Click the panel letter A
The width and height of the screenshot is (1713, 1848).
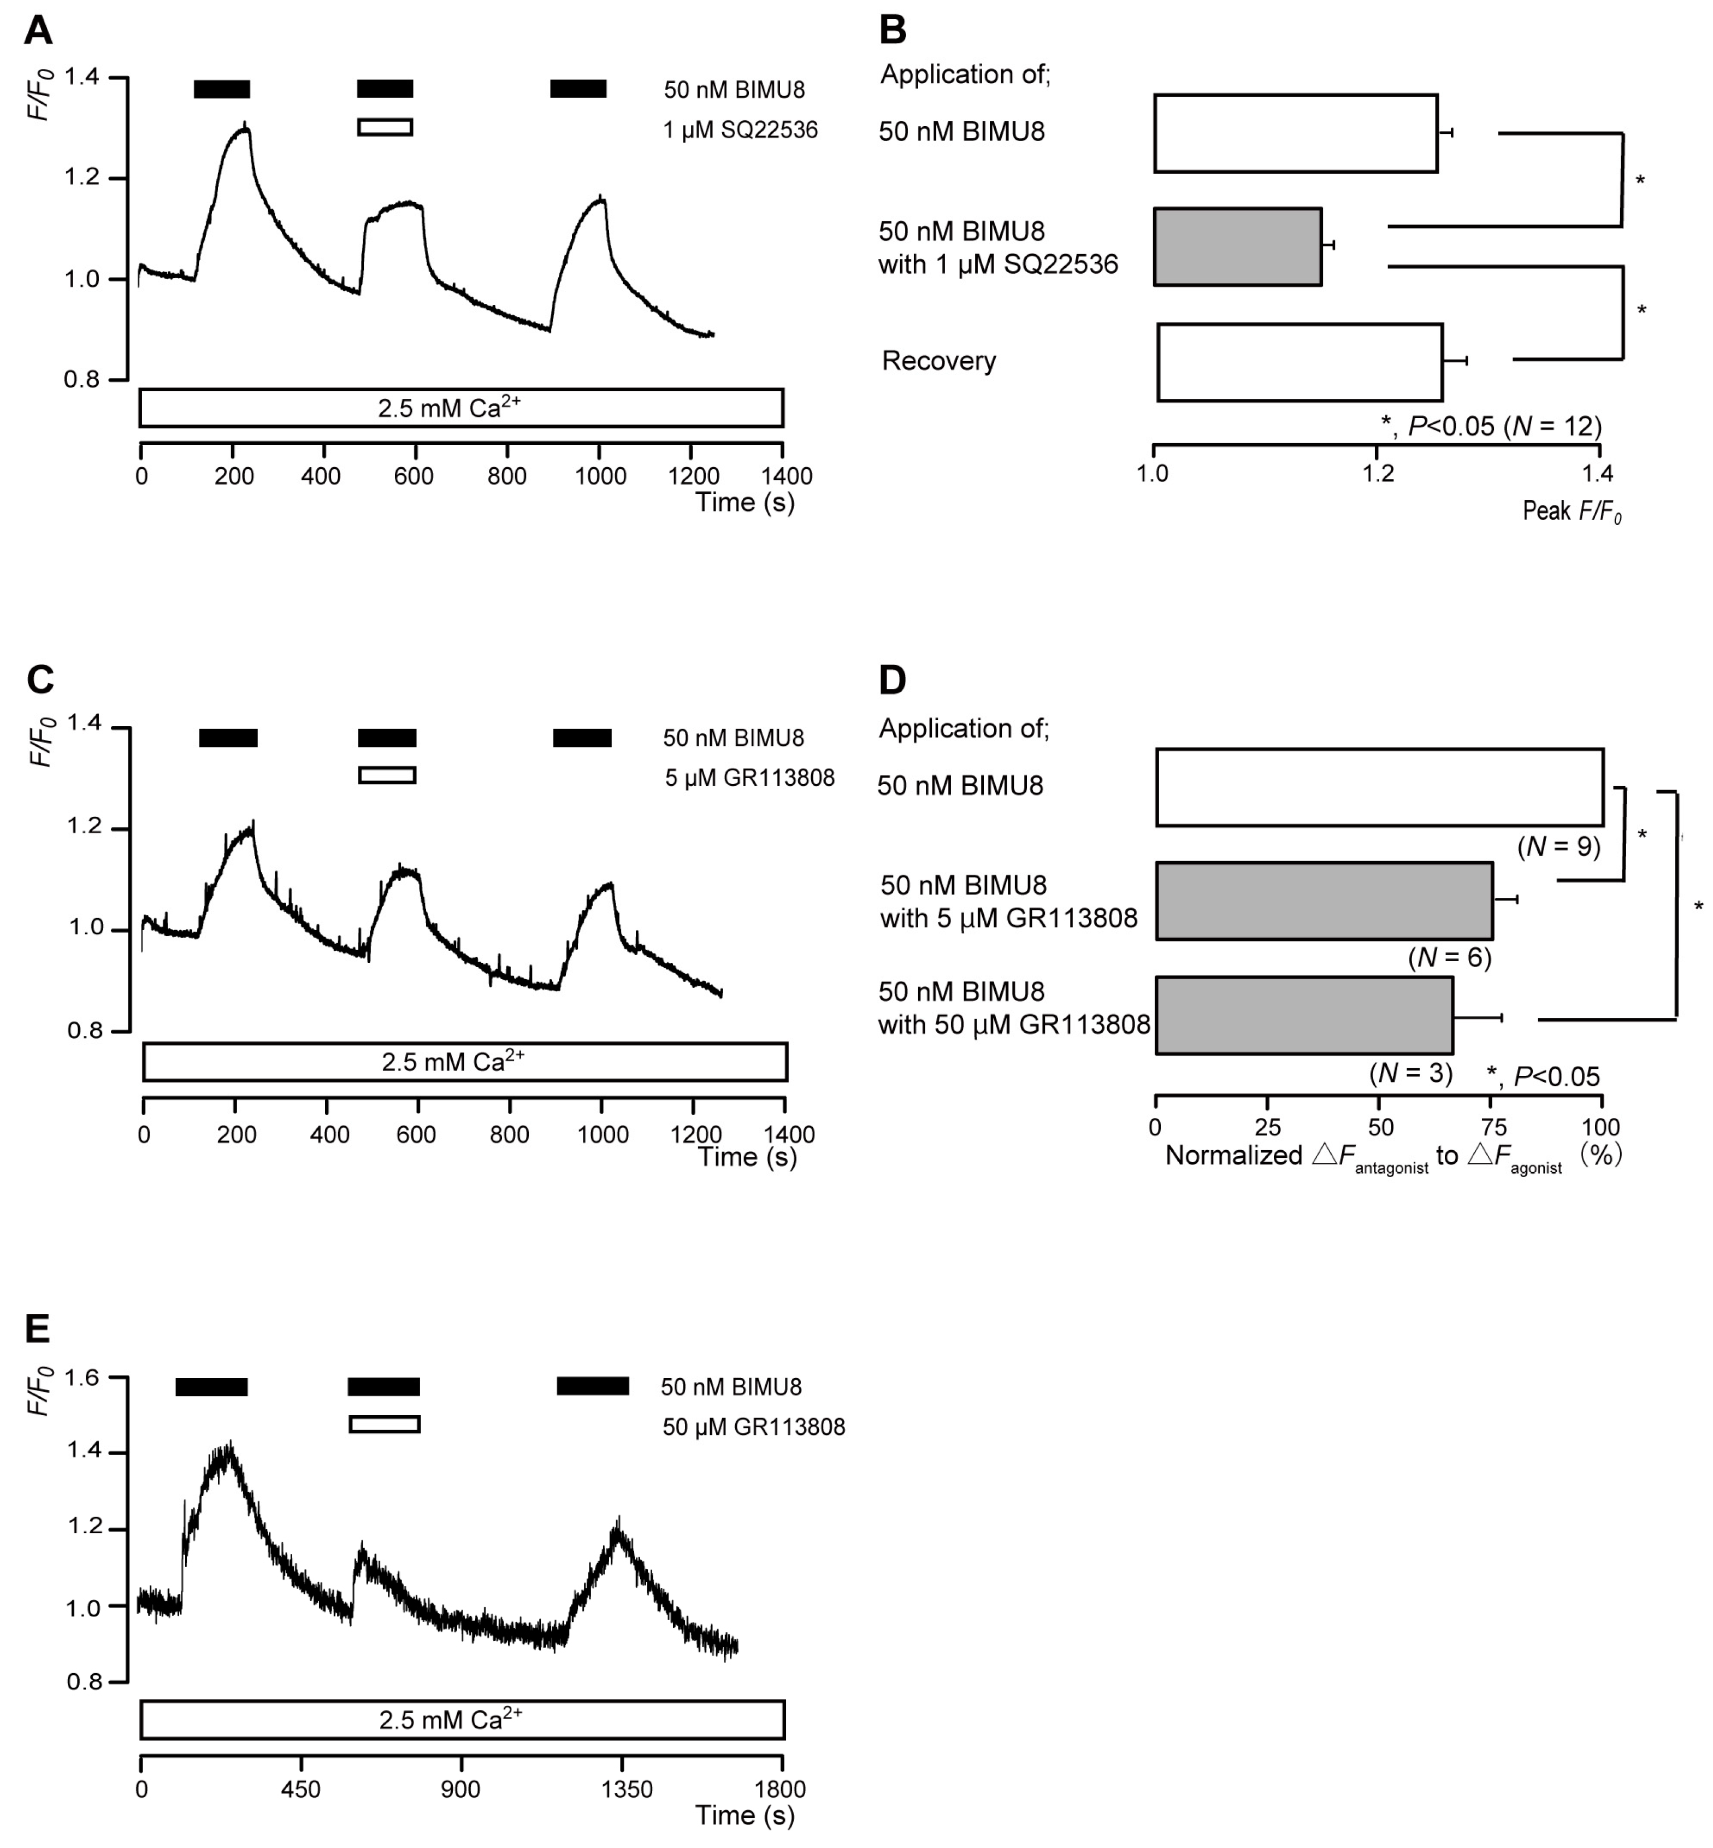pyautogui.click(x=38, y=31)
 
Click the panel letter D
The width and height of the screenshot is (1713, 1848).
pyautogui.click(x=891, y=681)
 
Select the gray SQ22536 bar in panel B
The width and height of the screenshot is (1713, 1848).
pyautogui.click(x=1237, y=246)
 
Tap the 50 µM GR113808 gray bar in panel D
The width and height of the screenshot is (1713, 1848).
pyautogui.click(x=1303, y=1015)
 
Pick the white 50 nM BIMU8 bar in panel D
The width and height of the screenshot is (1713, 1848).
pyautogui.click(x=1379, y=787)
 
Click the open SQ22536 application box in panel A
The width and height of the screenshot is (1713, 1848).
pyautogui.click(x=385, y=127)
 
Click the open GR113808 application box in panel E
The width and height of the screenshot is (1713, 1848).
pyautogui.click(x=385, y=1423)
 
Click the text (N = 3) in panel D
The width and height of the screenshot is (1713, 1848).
pyautogui.click(x=1411, y=1073)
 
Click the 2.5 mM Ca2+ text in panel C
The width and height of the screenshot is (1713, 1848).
pyautogui.click(x=452, y=1061)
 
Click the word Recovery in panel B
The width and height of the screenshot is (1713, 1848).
pyautogui.click(x=938, y=361)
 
